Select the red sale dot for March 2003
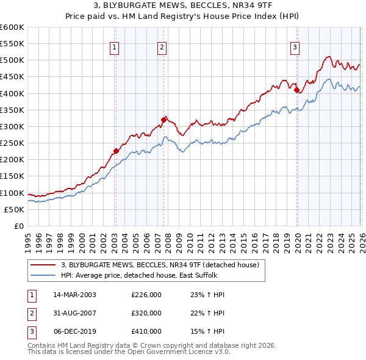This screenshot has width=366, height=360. coord(116,151)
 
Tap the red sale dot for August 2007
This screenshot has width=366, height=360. coord(163,120)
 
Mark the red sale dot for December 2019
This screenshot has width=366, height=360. coord(296,90)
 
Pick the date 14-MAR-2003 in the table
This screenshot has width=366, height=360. coord(74,295)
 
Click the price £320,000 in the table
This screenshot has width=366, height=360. coord(146,313)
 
